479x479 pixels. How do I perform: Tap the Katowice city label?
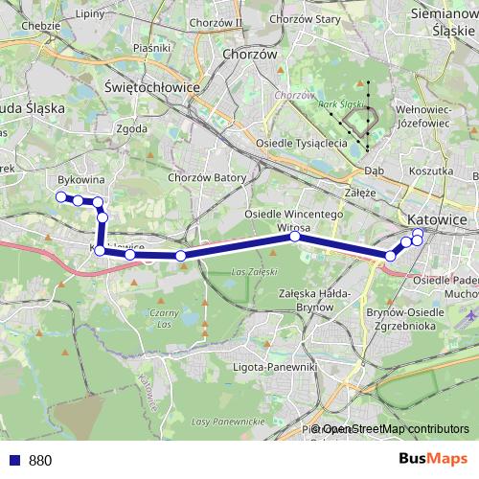click(x=437, y=219)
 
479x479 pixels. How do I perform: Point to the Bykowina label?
click(x=81, y=179)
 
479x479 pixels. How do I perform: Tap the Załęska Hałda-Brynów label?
click(x=311, y=299)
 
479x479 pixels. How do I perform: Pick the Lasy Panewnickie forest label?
click(x=226, y=421)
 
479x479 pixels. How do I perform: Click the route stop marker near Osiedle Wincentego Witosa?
click(x=295, y=237)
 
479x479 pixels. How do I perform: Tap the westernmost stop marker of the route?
click(x=60, y=197)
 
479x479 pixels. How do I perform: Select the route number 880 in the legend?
click(x=40, y=461)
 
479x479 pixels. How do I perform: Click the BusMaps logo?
click(x=433, y=459)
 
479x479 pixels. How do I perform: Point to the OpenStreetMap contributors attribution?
click(x=395, y=429)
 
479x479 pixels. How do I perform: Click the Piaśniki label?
click(x=152, y=46)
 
